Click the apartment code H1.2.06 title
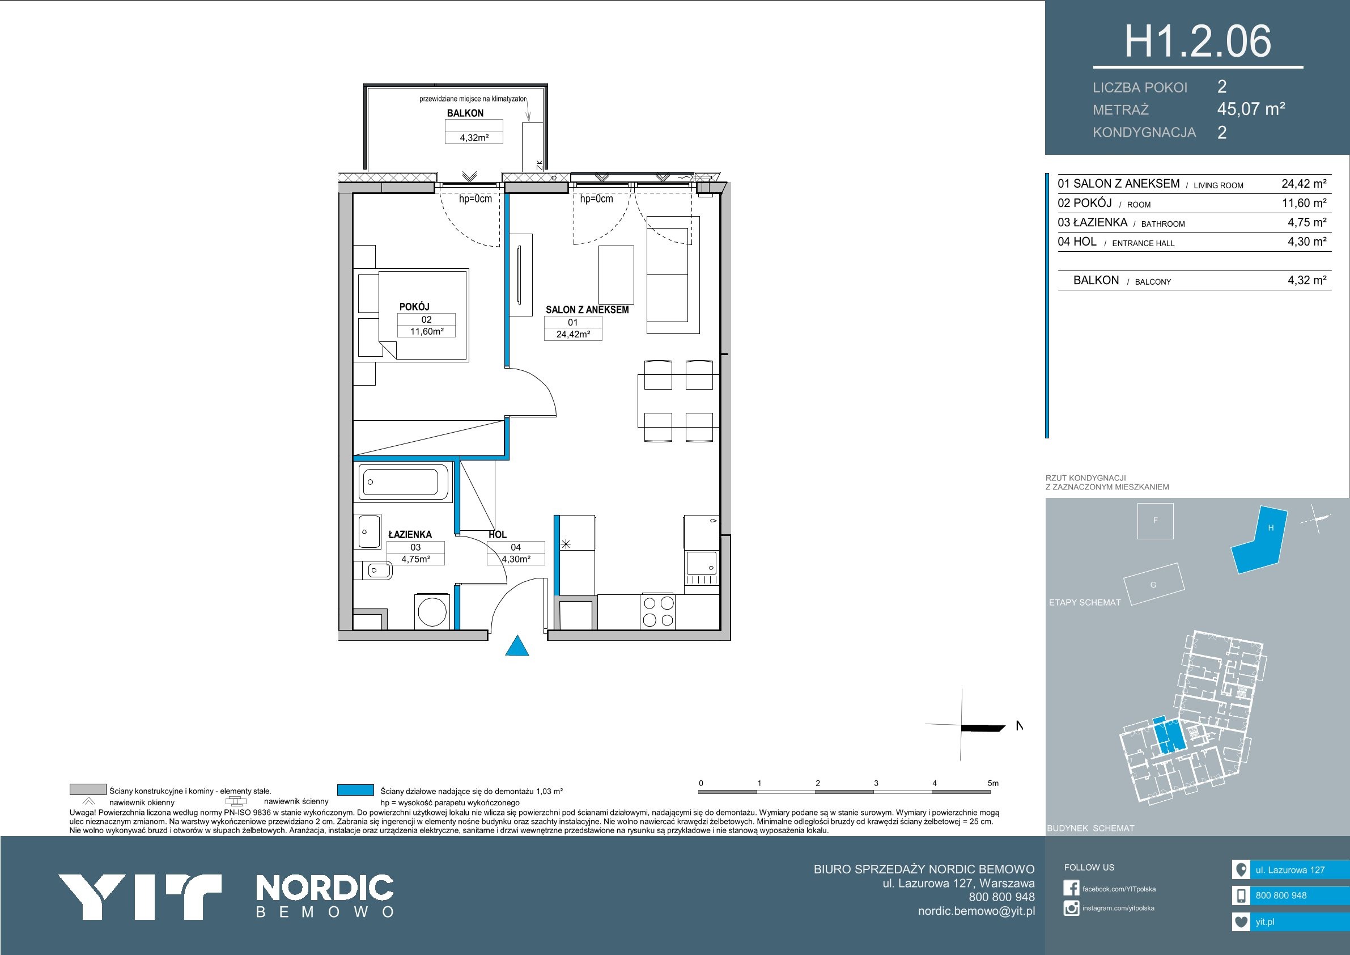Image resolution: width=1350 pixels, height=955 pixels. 1198,41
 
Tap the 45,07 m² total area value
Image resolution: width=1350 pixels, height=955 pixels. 1251,109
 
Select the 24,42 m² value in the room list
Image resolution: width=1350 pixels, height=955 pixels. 1304,184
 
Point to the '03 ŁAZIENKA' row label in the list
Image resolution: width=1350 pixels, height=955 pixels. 1093,222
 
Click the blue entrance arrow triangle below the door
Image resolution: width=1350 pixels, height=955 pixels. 517,646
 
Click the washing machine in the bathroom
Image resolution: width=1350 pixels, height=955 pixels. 433,612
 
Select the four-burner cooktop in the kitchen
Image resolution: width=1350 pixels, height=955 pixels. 659,612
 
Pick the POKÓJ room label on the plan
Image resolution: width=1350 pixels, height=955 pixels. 414,307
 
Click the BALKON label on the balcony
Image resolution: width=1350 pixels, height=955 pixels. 465,113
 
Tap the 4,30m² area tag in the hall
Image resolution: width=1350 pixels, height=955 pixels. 516,559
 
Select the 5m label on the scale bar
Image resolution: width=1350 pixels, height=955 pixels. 993,783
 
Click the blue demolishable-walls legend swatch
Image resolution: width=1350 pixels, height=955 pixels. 356,789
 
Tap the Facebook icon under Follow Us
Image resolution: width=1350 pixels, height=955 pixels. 1071,888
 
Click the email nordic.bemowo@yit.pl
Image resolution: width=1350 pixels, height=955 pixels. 977,911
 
